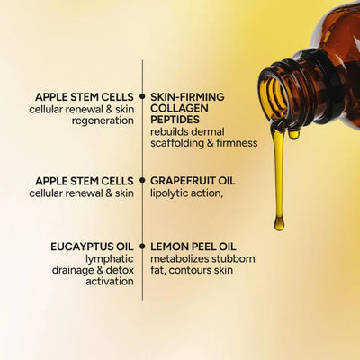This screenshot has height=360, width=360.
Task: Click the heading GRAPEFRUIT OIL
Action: coord(193,180)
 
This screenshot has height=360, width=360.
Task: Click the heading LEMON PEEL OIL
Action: coord(193,245)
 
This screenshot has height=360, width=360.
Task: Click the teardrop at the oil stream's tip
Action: coord(279,221)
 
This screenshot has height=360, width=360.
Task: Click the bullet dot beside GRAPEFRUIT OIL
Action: coord(142,180)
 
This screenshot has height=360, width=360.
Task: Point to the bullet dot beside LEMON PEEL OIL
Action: coord(142,245)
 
